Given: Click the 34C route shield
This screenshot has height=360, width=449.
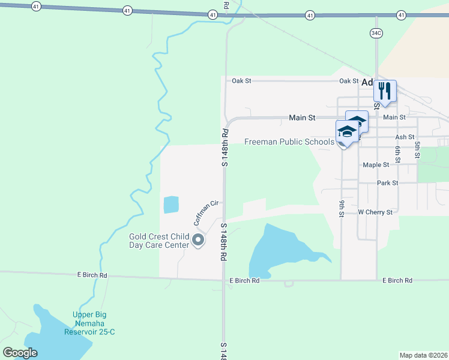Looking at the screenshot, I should pos(376,34).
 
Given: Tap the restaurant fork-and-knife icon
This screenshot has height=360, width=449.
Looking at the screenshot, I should pos(384,91).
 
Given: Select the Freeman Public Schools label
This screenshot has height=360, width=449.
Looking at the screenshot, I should pos(289,142).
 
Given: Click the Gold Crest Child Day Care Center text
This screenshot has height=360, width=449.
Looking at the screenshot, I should pos(159,241).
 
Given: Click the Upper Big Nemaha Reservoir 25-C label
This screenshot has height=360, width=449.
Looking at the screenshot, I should pos(93,323).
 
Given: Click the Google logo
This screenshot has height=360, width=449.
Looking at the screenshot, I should pos(20,353).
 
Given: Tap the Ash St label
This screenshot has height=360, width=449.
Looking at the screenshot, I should pos(405,137).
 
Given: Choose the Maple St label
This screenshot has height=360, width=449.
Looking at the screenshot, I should pos(376,165).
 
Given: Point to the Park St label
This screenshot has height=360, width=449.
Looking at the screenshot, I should pos(387,183).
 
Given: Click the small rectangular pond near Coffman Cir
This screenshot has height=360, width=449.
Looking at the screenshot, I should pos(171,205).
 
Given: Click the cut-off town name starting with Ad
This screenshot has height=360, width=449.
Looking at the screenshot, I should pos(367,83).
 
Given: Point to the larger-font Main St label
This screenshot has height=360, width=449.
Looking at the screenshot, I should pos(302,118).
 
